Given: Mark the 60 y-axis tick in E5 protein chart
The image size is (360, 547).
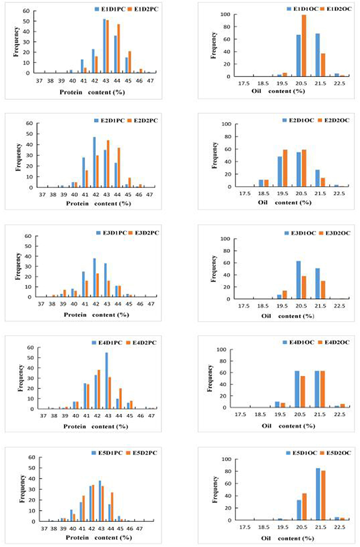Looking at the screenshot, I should [32, 457].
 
